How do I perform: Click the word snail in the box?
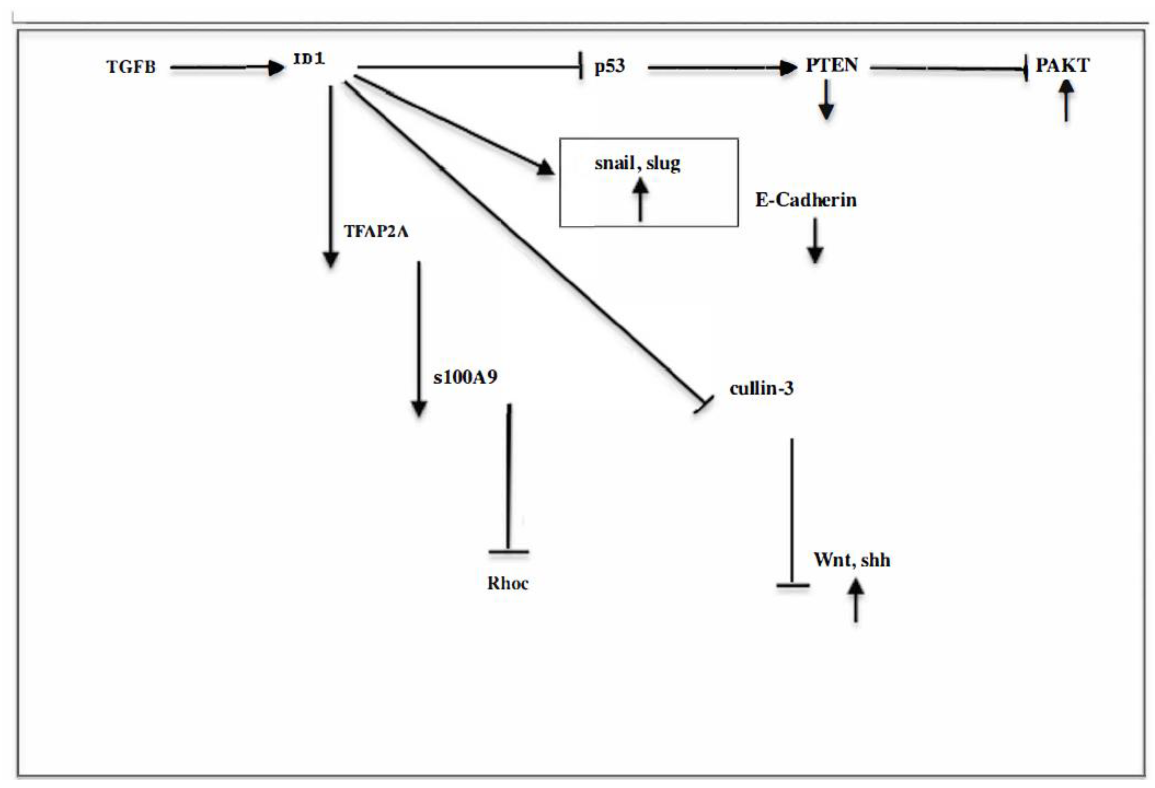tap(614, 163)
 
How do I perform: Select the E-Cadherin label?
tap(806, 200)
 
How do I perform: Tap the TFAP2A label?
tap(376, 231)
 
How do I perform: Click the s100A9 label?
tap(465, 377)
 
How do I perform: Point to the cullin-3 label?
tap(761, 388)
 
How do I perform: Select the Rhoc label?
tap(508, 583)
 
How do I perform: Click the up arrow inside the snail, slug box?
tap(640, 200)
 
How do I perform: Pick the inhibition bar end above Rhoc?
tap(508, 551)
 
